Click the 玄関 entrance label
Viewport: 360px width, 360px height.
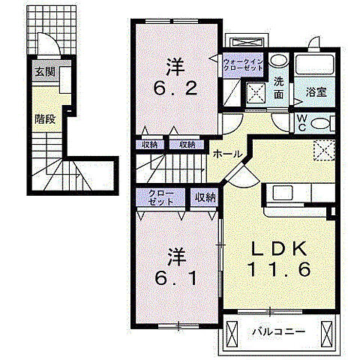[45, 73]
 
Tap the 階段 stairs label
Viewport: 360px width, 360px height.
[45, 119]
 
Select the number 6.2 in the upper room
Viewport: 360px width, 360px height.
[175, 88]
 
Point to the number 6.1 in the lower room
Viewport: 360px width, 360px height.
[176, 278]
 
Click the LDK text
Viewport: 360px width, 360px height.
[279, 249]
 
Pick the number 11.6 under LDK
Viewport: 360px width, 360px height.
[279, 268]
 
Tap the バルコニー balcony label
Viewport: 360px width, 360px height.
[278, 332]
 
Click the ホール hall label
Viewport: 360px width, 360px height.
[228, 154]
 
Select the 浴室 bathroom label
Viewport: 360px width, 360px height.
[316, 92]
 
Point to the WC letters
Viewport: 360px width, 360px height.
[302, 123]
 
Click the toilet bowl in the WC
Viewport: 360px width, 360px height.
[320, 123]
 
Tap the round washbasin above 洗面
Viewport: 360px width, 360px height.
[278, 60]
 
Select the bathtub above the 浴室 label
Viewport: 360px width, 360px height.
[314, 64]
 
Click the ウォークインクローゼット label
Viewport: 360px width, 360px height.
[243, 64]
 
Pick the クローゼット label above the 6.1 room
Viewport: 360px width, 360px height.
[160, 197]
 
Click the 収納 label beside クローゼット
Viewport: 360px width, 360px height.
[205, 197]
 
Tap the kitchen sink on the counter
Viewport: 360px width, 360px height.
[283, 193]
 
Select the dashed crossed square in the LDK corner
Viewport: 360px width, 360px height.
[324, 150]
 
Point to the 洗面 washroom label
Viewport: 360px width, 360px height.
[278, 88]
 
